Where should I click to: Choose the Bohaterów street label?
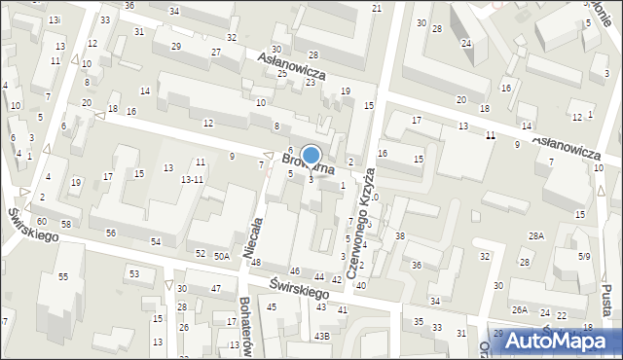[245, 327]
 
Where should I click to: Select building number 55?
[63, 277]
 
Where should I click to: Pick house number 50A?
[223, 256]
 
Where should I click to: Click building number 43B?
[321, 336]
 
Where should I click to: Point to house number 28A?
[536, 236]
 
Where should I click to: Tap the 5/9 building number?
[583, 257]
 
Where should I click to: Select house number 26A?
[521, 309]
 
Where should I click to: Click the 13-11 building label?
[192, 180]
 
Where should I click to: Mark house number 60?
[42, 221]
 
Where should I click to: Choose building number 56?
[111, 233]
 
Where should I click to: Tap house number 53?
[135, 274]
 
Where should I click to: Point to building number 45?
[272, 307]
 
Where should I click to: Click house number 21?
[377, 8]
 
